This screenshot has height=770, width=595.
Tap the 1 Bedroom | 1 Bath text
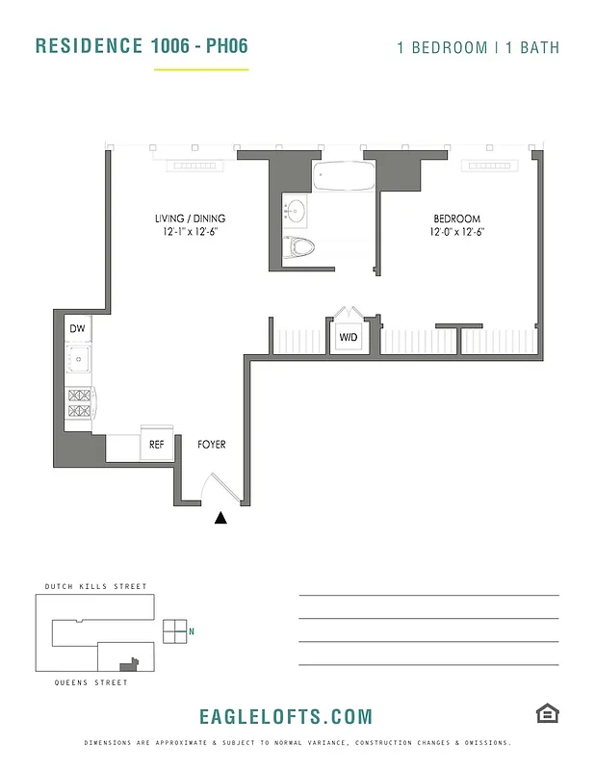[x=478, y=47]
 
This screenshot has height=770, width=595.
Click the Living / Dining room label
[x=190, y=218]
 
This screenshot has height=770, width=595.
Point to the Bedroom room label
[x=456, y=218]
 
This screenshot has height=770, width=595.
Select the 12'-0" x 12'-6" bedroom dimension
[x=456, y=232]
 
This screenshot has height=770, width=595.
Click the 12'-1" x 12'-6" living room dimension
[x=190, y=232]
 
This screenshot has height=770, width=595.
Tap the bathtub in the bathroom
[x=344, y=177]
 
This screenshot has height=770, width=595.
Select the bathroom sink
[x=294, y=208]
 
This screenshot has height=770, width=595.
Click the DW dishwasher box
[x=78, y=329]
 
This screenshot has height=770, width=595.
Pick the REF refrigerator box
[x=156, y=445]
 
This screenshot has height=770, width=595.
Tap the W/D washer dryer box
[x=348, y=338]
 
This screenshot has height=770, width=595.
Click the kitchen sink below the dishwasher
[x=78, y=360]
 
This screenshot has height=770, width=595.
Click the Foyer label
[x=212, y=445]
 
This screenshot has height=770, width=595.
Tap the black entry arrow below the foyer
[x=221, y=518]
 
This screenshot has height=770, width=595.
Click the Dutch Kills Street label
[x=96, y=586]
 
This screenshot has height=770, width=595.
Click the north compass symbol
[x=176, y=631]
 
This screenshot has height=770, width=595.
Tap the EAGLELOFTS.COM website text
[x=285, y=717]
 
